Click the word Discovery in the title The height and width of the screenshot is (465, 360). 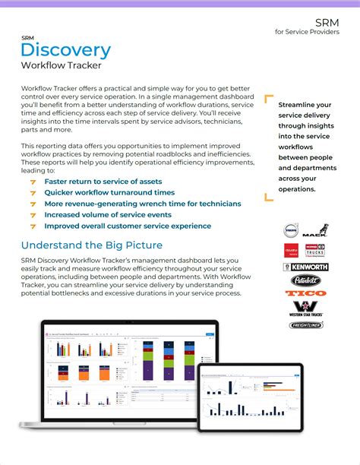click(66, 51)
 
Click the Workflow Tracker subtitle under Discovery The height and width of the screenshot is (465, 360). click(62, 66)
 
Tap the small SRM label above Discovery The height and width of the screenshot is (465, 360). click(27, 36)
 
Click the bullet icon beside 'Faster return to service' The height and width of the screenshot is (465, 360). click(33, 182)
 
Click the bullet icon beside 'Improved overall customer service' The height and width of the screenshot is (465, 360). click(33, 226)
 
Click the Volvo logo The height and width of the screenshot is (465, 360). click(291, 230)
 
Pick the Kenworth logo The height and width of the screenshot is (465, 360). click(305, 267)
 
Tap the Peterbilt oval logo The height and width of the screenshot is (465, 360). click(305, 280)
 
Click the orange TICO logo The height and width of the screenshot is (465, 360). click(305, 293)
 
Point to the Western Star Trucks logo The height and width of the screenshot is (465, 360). click(305, 308)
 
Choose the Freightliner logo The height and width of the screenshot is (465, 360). click(305, 325)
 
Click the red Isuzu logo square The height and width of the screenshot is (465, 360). click(291, 250)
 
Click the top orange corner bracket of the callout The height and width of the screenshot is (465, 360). click(267, 97)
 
